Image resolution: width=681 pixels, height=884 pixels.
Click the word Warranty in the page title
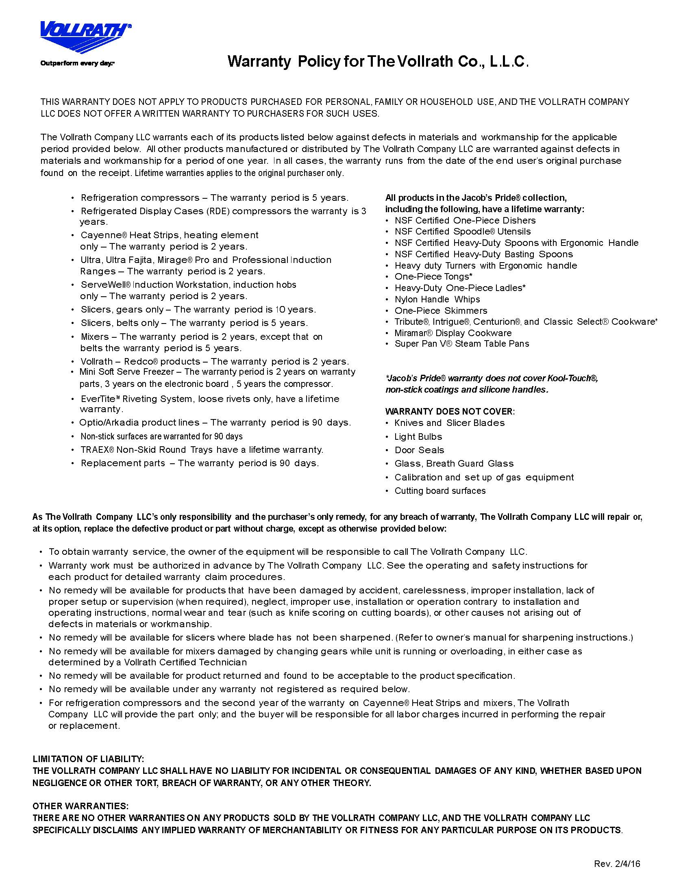tap(259, 62)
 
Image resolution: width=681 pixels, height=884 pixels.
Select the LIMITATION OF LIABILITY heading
tap(88, 759)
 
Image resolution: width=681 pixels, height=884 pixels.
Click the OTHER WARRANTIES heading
tap(81, 806)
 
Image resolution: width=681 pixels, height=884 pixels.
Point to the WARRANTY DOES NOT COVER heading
tap(450, 411)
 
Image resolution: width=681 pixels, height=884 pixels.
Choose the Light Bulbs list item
tap(418, 437)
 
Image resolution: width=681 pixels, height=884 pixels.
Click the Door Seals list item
tap(419, 450)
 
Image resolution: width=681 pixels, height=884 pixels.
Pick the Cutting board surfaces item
tap(440, 491)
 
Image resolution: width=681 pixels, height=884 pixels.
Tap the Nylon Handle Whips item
tap(437, 299)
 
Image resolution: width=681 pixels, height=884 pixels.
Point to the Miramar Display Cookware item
tap(453, 333)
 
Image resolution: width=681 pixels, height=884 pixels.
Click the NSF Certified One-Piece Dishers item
tap(465, 220)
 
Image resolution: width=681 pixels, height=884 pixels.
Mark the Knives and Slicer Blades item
tap(449, 423)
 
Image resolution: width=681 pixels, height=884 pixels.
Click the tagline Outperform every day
tap(77, 63)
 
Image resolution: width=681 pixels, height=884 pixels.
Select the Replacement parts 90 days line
tap(200, 463)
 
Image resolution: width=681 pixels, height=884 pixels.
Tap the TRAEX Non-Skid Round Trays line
tap(202, 450)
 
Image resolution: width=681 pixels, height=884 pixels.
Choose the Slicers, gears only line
tap(198, 309)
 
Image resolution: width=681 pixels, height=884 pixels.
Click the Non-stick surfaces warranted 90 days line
tap(161, 436)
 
